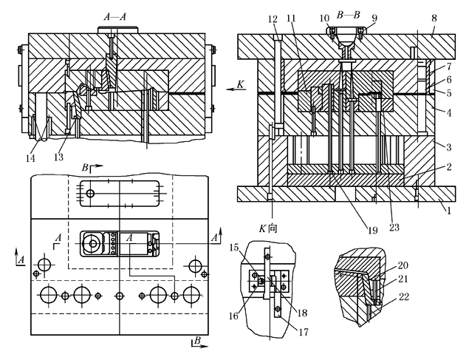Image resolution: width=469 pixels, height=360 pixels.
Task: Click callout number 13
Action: [61, 157]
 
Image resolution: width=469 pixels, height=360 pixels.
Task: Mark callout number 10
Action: [324, 17]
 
